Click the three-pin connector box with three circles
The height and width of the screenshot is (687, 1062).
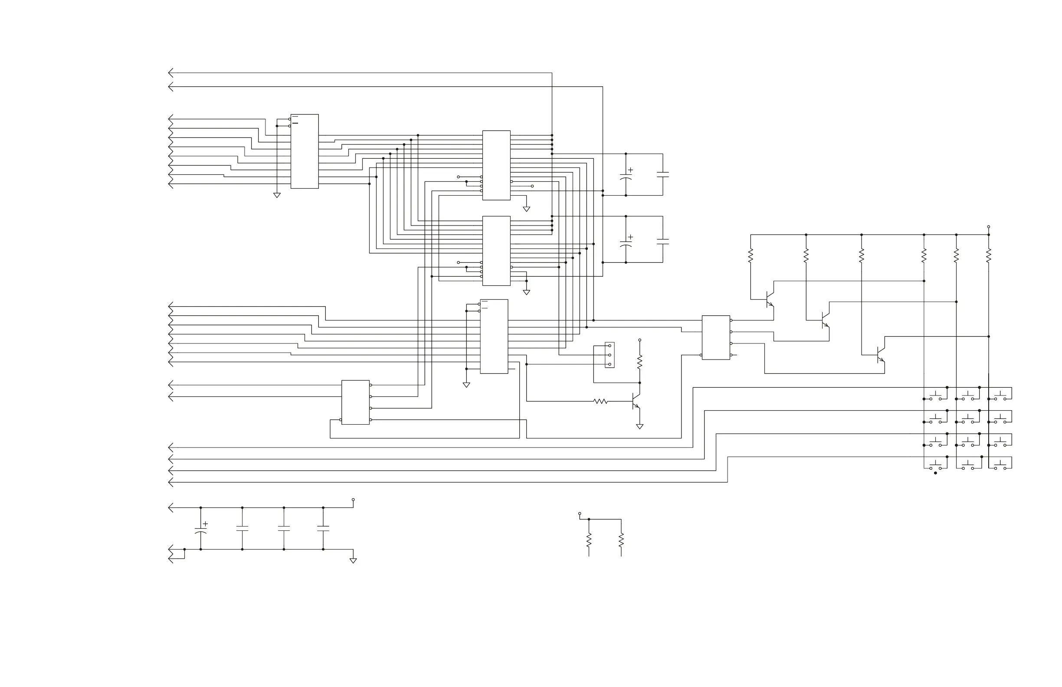coord(609,355)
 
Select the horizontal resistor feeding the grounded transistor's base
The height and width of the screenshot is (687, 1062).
coord(600,402)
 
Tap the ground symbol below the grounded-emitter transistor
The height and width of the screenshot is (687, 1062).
coord(639,427)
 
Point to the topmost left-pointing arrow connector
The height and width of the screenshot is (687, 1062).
coord(171,73)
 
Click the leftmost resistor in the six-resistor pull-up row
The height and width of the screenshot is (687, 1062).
coord(751,256)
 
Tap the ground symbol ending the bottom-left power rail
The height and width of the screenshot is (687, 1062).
coord(353,561)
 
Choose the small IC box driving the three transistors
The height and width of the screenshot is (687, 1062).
coord(716,338)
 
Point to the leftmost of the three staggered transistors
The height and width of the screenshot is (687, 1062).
coord(769,299)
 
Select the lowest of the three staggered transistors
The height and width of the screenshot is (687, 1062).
coord(880,355)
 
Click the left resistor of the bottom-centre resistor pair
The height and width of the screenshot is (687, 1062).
coord(589,540)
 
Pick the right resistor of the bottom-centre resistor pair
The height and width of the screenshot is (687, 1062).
coord(621,540)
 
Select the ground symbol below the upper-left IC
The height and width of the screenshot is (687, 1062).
coord(277,196)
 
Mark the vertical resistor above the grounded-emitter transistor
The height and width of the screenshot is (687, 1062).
coord(639,361)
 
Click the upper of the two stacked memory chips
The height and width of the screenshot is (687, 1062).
coord(496,165)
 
